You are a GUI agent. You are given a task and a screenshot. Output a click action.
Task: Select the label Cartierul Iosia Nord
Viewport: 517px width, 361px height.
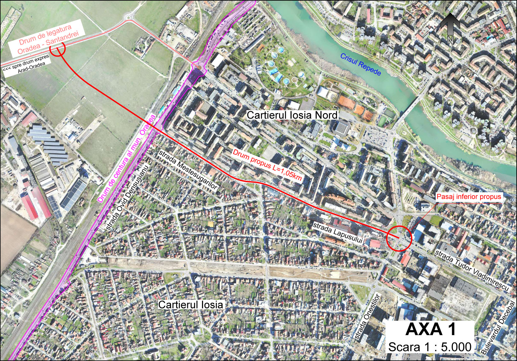(x=292, y=115)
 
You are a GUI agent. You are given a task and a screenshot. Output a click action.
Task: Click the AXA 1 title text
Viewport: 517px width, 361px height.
(x=431, y=329)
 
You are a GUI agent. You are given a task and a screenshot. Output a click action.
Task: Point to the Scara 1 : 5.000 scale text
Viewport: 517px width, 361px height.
(x=430, y=347)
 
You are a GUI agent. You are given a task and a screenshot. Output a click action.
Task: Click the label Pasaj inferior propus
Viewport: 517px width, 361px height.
(x=469, y=197)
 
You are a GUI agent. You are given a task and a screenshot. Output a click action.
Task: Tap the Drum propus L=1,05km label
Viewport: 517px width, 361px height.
(x=267, y=165)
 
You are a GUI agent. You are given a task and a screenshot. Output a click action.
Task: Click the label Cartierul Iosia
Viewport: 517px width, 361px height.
(x=190, y=304)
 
